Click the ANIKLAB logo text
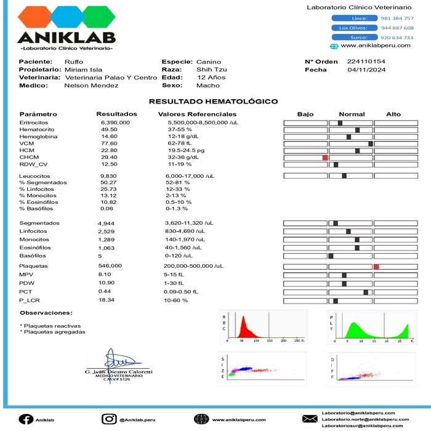[x=66, y=38]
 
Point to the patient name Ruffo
[x=74, y=62]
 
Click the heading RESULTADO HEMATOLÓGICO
[x=213, y=102]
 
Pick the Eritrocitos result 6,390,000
[x=115, y=123]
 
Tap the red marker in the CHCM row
[x=324, y=158]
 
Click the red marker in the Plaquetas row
[x=376, y=266]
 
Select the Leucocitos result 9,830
[x=108, y=176]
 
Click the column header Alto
[x=393, y=115]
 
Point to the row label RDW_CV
[x=33, y=164]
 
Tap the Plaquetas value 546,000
[x=110, y=265]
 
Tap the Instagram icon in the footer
[x=109, y=419]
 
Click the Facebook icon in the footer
[x=26, y=419]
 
